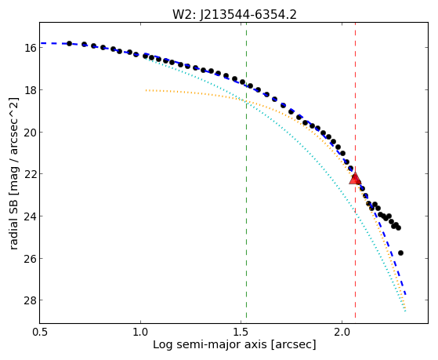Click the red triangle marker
click(x=355, y=179)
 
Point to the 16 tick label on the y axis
click(x=30, y=48)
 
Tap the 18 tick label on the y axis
click(x=30, y=89)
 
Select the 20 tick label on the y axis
click(x=30, y=132)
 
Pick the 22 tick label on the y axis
click(x=30, y=174)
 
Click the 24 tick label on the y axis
click(x=30, y=216)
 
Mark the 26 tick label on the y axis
click(x=30, y=258)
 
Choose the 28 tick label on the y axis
click(x=30, y=300)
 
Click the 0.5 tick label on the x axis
click(x=40, y=332)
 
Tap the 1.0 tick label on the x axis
click(x=140, y=332)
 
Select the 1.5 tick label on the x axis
click(x=241, y=332)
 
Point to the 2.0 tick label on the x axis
click(x=342, y=332)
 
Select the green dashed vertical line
click(x=246, y=170)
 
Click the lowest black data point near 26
click(x=400, y=253)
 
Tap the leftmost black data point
click(x=69, y=43)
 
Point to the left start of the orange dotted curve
click(x=146, y=90)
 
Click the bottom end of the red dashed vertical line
click(x=355, y=318)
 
